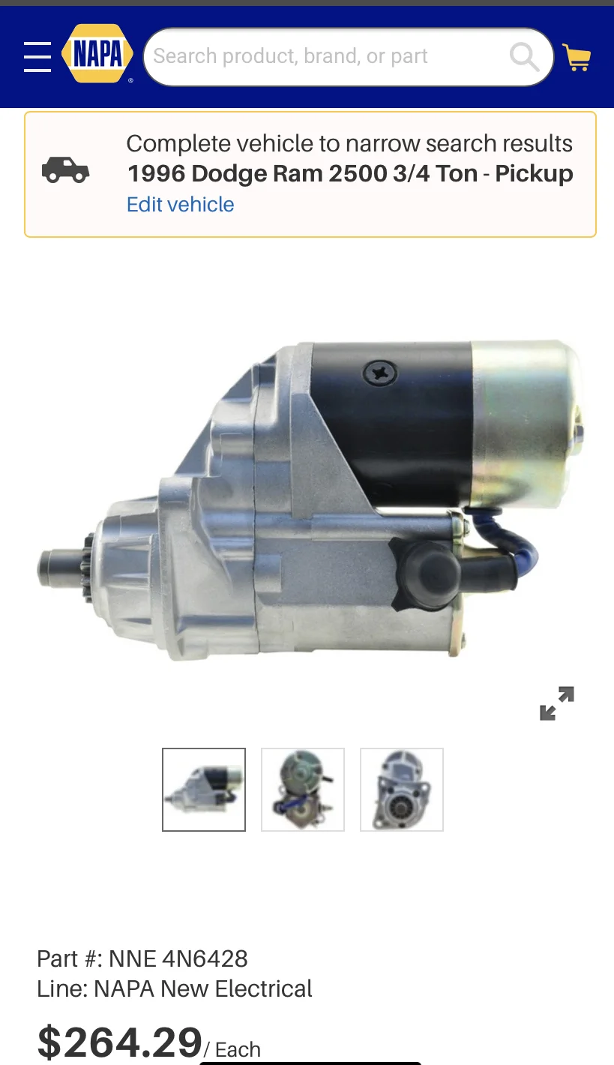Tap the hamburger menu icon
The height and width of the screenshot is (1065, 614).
click(37, 56)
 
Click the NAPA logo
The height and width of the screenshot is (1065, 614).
click(97, 54)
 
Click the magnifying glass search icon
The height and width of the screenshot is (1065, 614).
click(524, 56)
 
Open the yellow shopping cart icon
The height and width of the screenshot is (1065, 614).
click(577, 57)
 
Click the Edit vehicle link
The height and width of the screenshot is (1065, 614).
click(180, 205)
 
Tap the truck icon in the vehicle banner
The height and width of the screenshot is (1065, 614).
click(65, 170)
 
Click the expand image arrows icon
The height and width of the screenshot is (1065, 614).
click(557, 703)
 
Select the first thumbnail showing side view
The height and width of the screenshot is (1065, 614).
click(204, 790)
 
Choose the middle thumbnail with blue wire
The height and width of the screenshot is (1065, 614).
click(303, 790)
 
